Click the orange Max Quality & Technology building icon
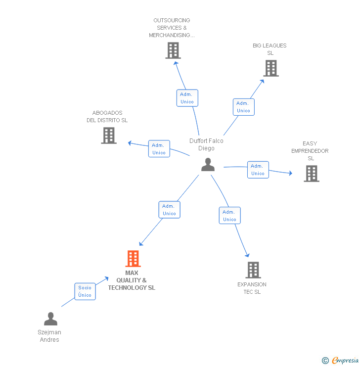(x=133, y=259)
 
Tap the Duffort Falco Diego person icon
(x=208, y=165)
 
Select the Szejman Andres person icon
(x=50, y=319)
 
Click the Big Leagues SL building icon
(x=271, y=68)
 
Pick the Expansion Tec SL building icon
(x=253, y=270)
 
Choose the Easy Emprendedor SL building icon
(x=312, y=174)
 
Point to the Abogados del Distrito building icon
(x=109, y=136)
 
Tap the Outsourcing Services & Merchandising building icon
(x=173, y=50)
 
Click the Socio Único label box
(x=85, y=291)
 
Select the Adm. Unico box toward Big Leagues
(x=243, y=107)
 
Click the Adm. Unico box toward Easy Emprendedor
(x=258, y=170)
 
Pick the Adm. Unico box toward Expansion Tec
(x=229, y=216)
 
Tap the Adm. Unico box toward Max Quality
(x=169, y=210)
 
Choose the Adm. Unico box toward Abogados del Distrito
(x=159, y=149)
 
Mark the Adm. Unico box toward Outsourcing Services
(x=187, y=98)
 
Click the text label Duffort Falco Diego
(x=206, y=144)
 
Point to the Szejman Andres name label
(x=49, y=336)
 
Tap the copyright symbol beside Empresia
(x=325, y=361)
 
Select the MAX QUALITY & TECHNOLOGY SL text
(x=132, y=280)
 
